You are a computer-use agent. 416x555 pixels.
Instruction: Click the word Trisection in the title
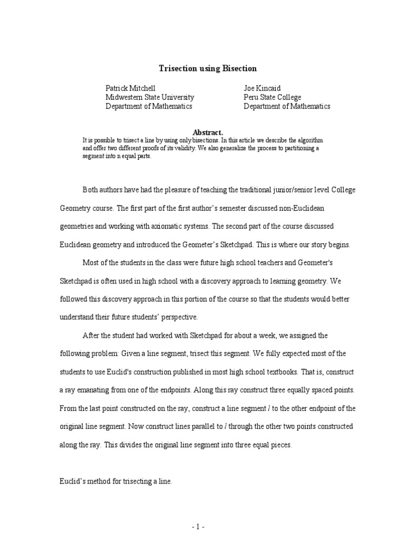tap(177, 68)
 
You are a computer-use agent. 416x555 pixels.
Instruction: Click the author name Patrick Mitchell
tap(131, 88)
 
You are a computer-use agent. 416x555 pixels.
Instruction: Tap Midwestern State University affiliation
tap(149, 97)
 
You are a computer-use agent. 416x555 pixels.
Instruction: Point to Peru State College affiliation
tap(272, 97)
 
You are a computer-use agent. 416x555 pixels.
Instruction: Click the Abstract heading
tap(208, 132)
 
